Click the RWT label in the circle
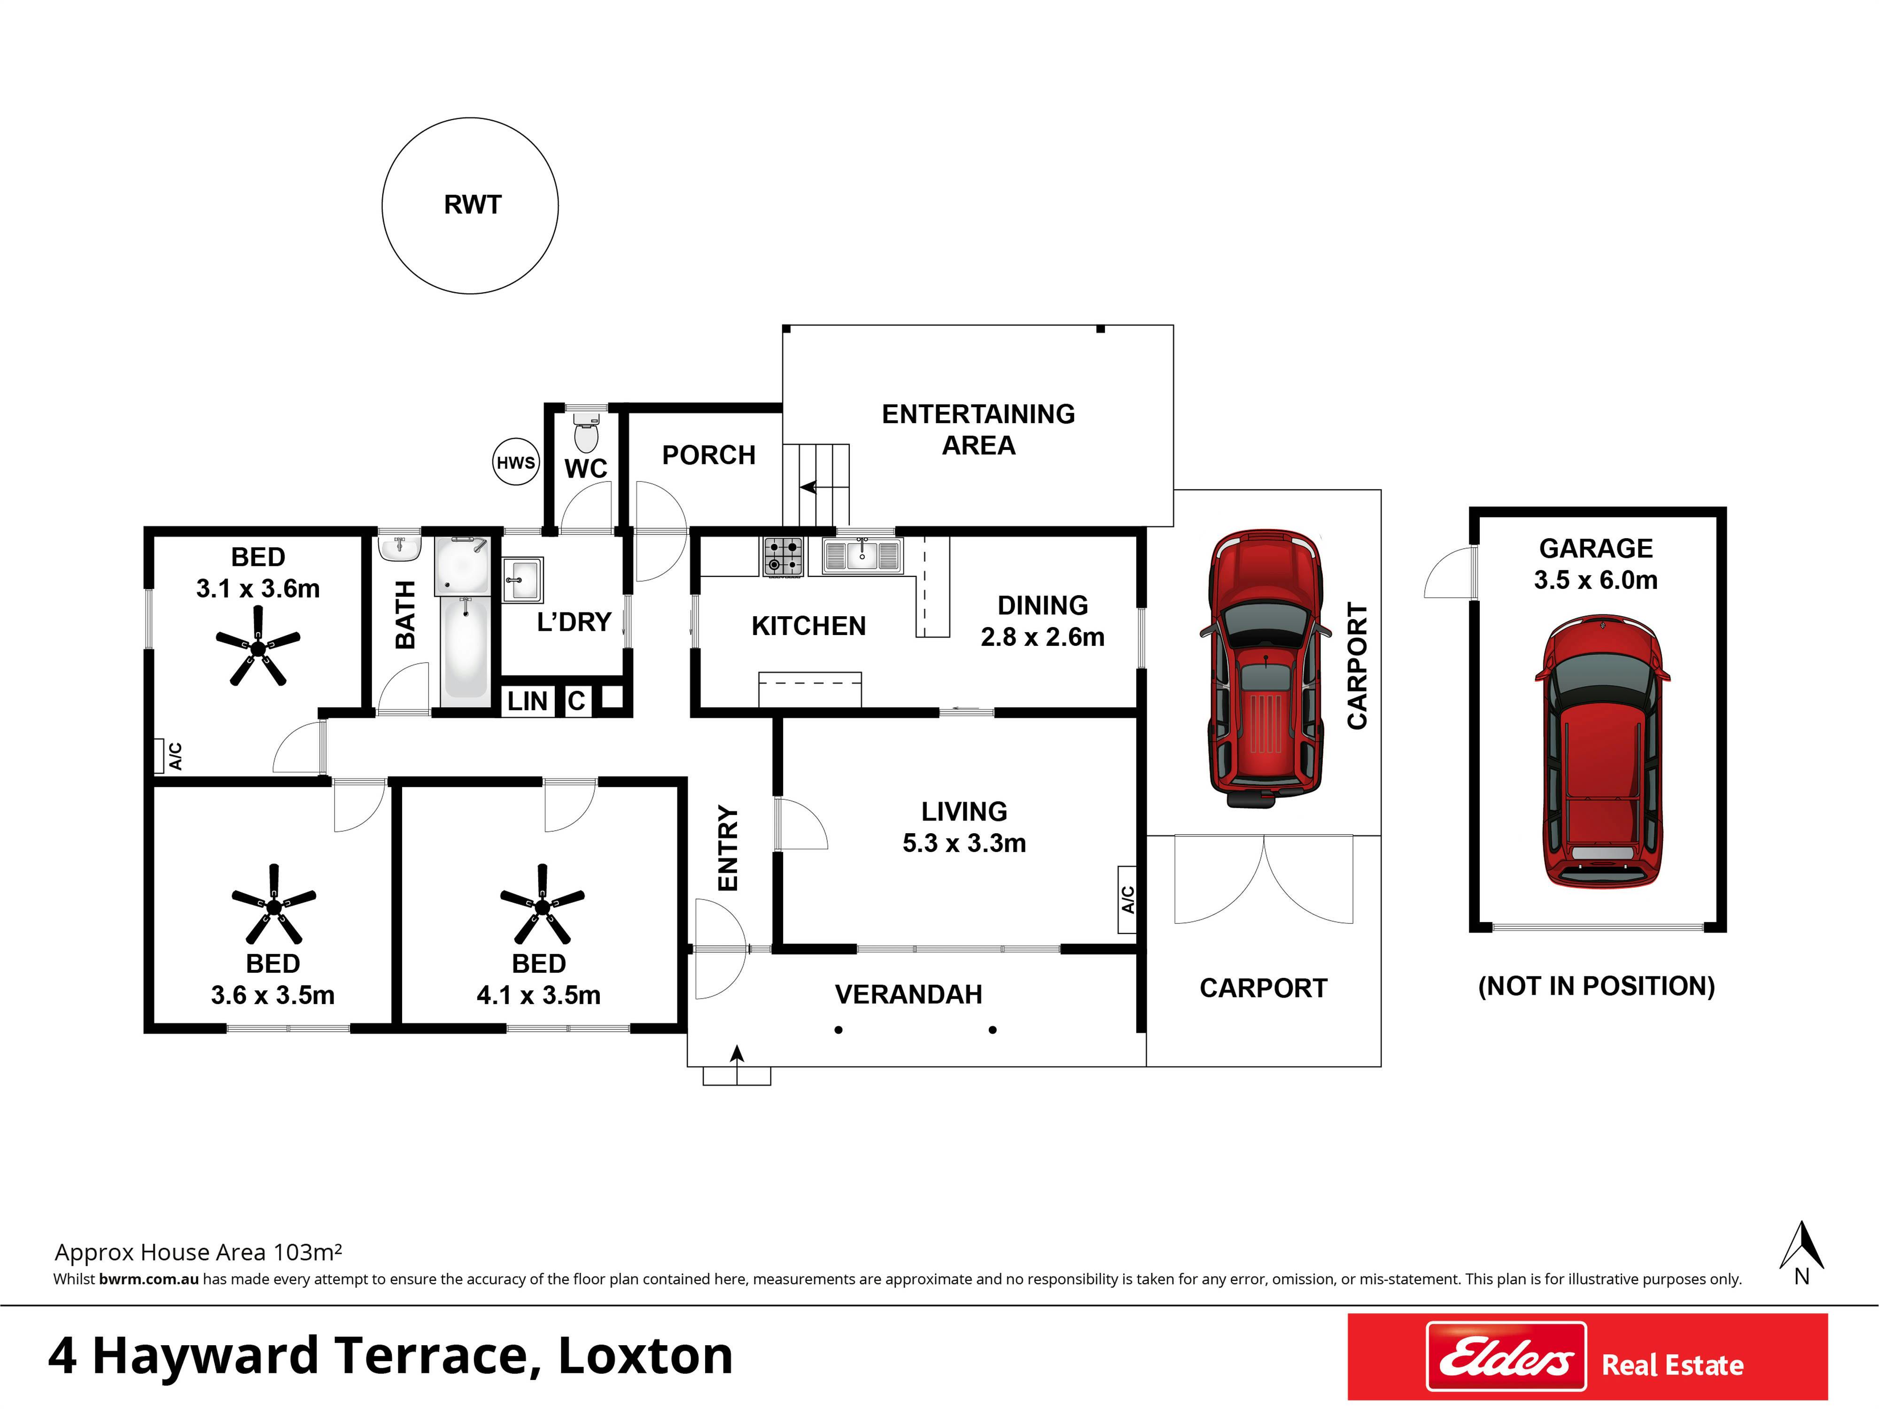pos(472,205)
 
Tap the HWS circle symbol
pos(516,462)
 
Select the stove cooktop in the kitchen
pos(782,557)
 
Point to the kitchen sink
pos(862,556)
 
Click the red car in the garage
pos(1602,751)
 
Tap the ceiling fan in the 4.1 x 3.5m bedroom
pos(542,906)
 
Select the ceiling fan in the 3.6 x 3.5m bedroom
pos(273,906)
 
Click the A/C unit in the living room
pos(1127,899)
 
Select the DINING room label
pos(1042,605)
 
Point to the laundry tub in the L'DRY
pos(522,579)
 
